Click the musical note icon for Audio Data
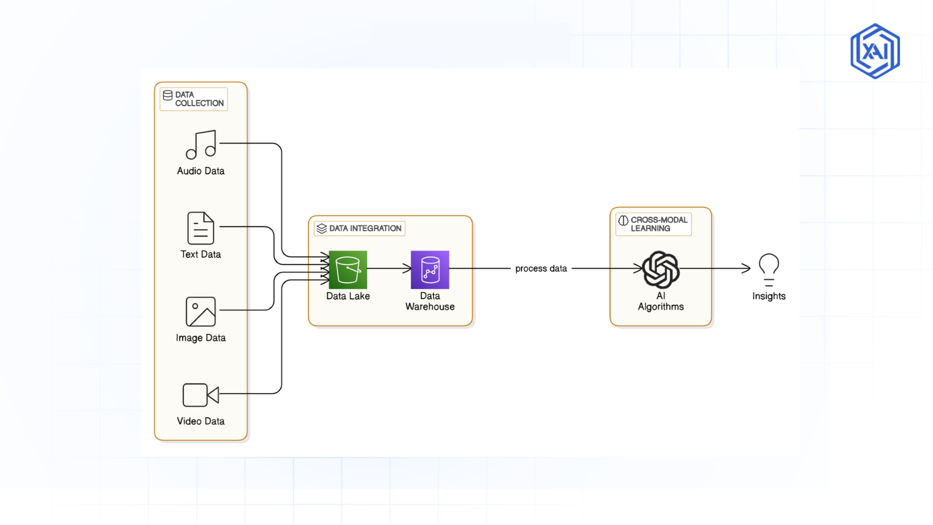[x=201, y=144]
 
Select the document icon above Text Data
[x=201, y=228]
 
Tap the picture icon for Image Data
[x=201, y=312]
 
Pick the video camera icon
[x=201, y=395]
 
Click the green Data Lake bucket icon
[x=348, y=270]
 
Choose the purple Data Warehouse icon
[x=430, y=270]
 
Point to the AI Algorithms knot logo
[x=661, y=269]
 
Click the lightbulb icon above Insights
[x=769, y=269]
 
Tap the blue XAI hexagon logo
[x=875, y=51]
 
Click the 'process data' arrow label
[x=541, y=268]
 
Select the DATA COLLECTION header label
[x=194, y=99]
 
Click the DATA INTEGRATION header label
[x=365, y=228]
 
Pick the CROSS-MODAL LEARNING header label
[x=658, y=224]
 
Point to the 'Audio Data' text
[x=201, y=171]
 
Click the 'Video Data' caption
[x=201, y=421]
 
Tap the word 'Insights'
[x=769, y=296]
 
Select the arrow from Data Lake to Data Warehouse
[x=389, y=268]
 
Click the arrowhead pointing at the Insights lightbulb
[x=746, y=268]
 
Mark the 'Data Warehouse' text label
[x=430, y=301]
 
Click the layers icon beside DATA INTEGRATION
[x=322, y=228]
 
